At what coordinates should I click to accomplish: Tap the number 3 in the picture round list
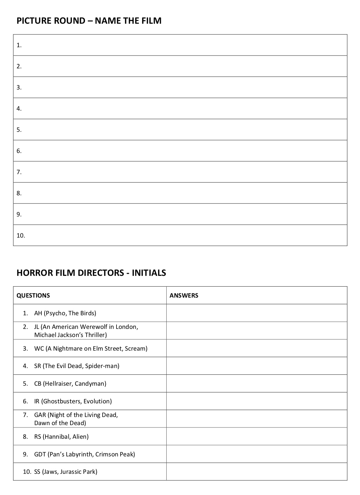click(x=19, y=88)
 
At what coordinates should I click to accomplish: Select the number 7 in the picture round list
click(x=19, y=172)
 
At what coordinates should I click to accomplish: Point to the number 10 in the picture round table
click(x=21, y=236)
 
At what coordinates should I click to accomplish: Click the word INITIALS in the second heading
click(x=149, y=273)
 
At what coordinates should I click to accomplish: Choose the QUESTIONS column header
click(x=33, y=296)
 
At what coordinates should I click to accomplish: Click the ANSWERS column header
click(x=184, y=296)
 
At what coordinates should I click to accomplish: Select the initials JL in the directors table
click(x=37, y=327)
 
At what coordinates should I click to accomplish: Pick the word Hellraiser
click(x=58, y=384)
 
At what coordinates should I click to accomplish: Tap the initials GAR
click(x=40, y=415)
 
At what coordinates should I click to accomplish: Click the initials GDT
click(x=40, y=454)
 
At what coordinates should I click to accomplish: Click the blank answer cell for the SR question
click(x=257, y=366)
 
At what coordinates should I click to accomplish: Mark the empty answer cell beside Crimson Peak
click(x=257, y=454)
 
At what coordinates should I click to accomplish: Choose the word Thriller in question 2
click(x=96, y=335)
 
